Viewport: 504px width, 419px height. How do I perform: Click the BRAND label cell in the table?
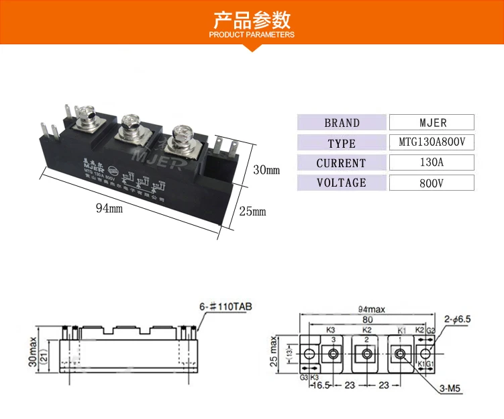click(x=342, y=123)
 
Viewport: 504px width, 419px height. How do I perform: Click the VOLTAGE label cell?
click(x=342, y=183)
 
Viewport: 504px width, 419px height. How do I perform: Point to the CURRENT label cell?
click(x=342, y=162)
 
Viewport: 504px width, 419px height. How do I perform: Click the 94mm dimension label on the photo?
click(x=109, y=208)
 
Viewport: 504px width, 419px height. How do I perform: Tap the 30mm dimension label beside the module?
click(x=265, y=170)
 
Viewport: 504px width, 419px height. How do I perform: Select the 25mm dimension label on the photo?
click(x=252, y=212)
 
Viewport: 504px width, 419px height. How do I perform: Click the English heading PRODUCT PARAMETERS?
click(x=252, y=35)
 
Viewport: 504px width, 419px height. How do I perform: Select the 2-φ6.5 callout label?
click(x=459, y=318)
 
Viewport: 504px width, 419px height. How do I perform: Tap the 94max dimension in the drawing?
click(x=371, y=309)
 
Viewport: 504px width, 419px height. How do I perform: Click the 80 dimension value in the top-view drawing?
click(x=366, y=318)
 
